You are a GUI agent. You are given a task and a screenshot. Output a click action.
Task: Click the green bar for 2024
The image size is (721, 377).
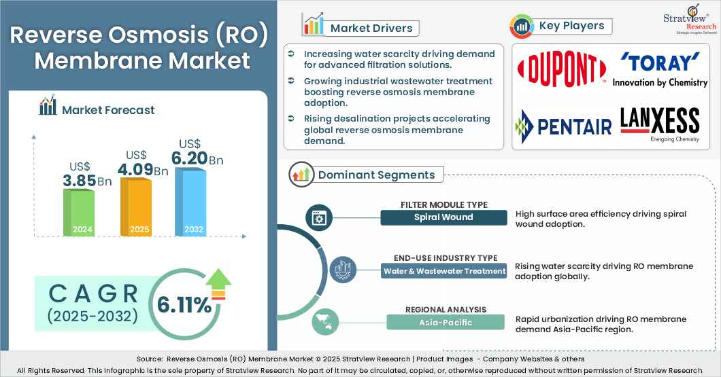(78, 212)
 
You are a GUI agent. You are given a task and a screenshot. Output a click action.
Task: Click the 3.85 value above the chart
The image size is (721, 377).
(79, 181)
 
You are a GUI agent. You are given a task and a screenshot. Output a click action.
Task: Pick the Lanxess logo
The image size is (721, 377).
(659, 124)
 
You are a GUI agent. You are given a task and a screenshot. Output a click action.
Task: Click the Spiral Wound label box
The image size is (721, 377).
(443, 217)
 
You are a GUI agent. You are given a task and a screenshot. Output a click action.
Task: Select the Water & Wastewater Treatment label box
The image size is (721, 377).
(445, 271)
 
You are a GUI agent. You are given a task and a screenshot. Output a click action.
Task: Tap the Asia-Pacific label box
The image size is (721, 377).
(445, 323)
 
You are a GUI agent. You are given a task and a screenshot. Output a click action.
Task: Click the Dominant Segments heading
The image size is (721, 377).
(376, 175)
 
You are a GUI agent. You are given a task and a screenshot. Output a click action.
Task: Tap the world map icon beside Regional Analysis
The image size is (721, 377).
(324, 323)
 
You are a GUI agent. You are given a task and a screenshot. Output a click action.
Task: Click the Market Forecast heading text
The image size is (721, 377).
(108, 109)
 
